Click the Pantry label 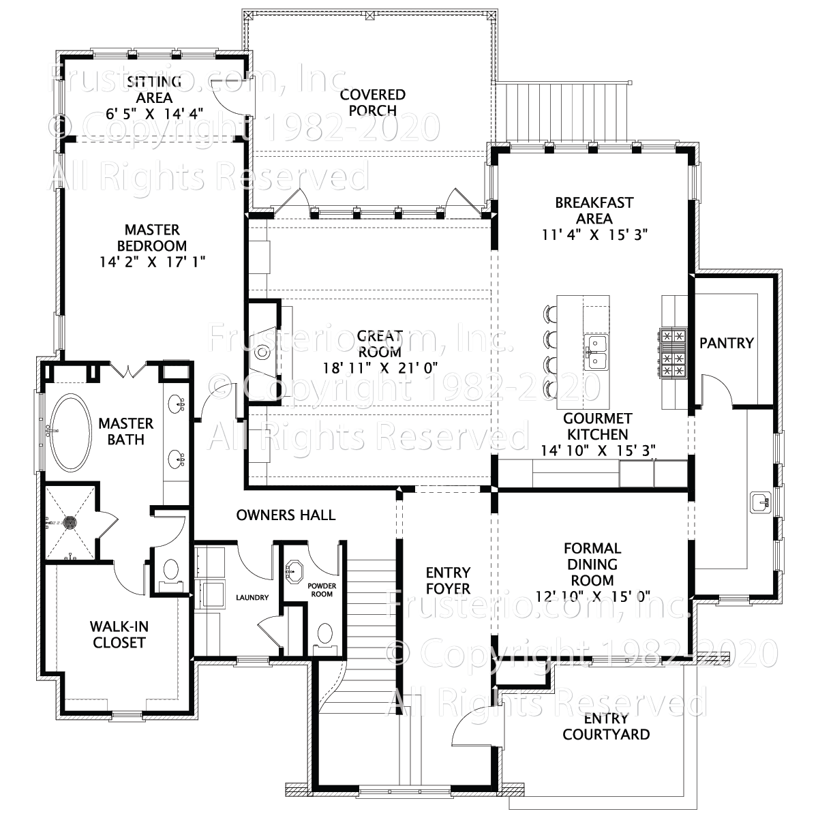727,343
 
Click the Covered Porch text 373,102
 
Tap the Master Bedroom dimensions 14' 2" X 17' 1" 151,261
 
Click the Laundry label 252,598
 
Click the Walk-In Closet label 119,634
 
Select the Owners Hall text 286,515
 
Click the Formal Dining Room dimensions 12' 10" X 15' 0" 592,596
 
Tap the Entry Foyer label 448,579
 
